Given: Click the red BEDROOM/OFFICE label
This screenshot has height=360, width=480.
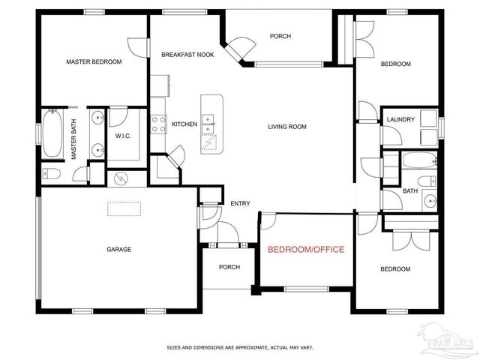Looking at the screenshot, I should [x=306, y=249].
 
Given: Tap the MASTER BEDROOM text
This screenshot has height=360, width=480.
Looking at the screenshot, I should [x=94, y=62].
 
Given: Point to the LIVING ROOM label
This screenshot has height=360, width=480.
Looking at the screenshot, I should [x=287, y=127].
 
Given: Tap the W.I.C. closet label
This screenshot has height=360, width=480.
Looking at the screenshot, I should [x=123, y=136].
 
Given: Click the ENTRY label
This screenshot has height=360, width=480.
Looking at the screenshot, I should [x=240, y=203].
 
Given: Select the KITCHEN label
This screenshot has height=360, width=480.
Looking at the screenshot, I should [x=184, y=124].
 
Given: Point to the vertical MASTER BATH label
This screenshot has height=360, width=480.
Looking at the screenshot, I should [x=74, y=143].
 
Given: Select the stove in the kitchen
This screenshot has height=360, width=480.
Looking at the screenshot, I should [x=159, y=123].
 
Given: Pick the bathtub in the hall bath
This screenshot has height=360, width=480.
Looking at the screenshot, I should [x=418, y=159].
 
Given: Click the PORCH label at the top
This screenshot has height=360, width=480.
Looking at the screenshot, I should [x=280, y=36].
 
